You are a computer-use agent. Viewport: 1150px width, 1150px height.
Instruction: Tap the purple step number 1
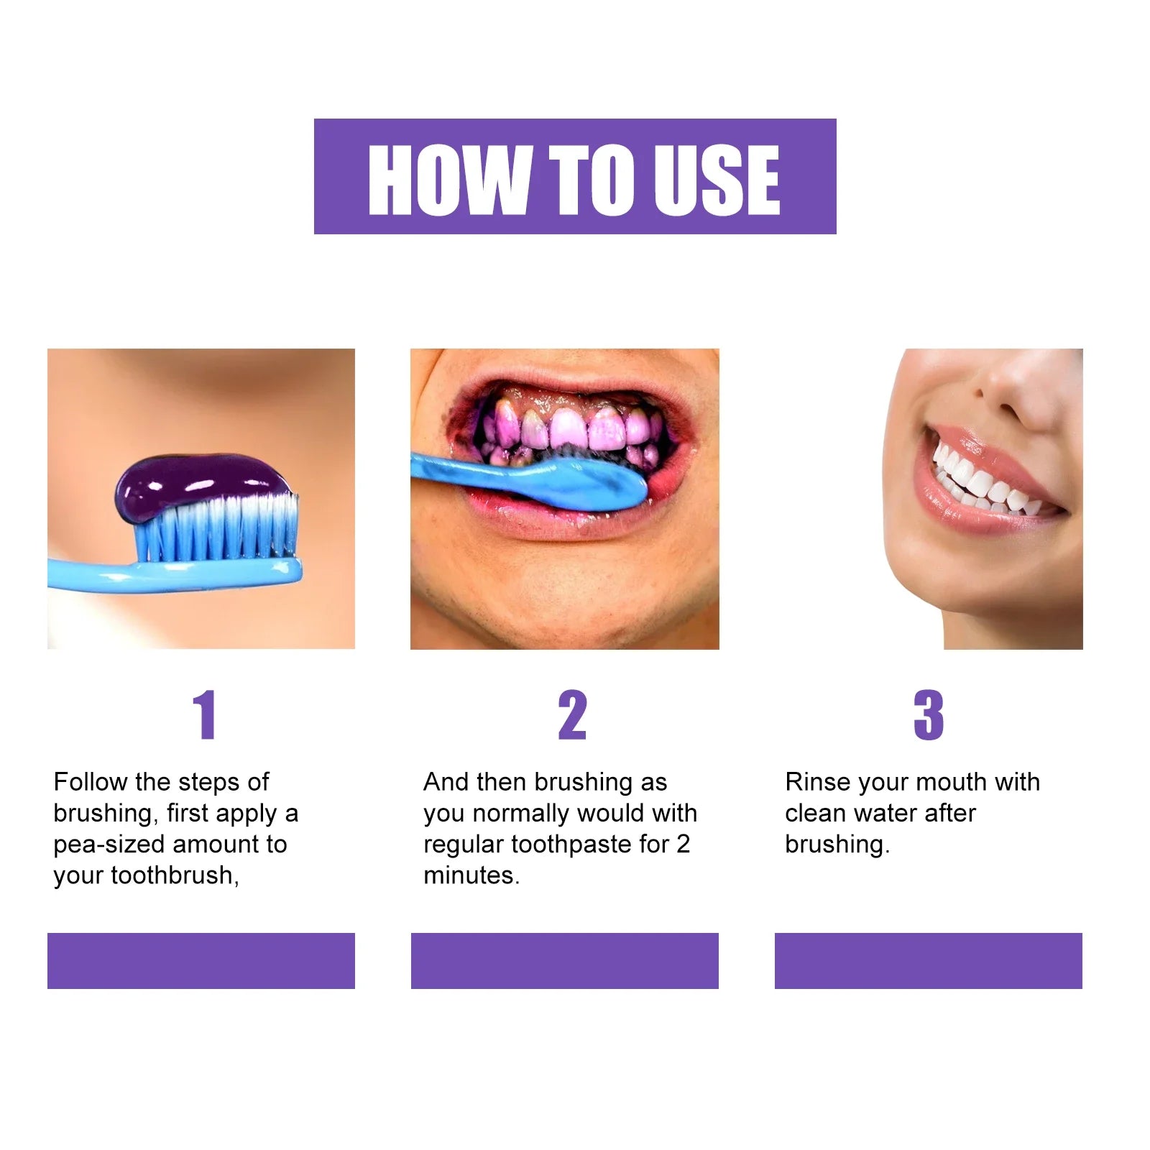coord(205,714)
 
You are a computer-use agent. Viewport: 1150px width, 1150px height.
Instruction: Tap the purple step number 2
coord(572,714)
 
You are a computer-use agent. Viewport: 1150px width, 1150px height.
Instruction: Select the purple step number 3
coord(928,714)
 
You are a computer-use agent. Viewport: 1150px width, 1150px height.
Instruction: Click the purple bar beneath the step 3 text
coord(928,960)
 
